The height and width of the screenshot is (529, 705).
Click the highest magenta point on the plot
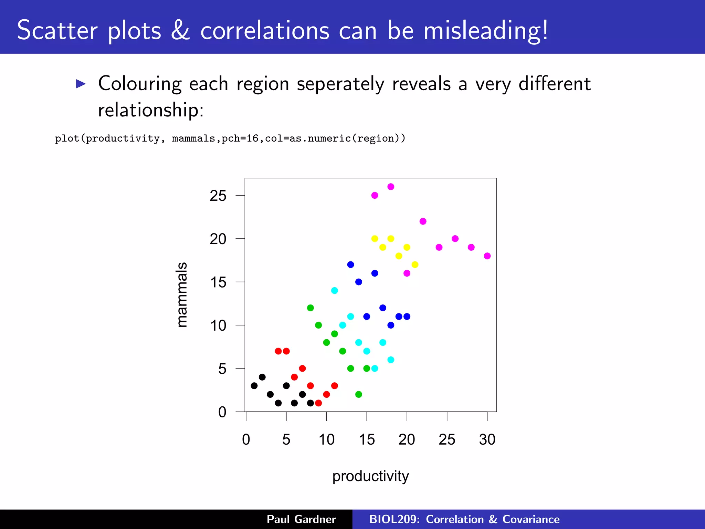click(391, 187)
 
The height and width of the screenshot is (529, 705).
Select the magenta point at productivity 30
click(487, 256)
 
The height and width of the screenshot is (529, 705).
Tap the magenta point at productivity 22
click(423, 221)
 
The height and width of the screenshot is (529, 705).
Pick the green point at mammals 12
click(311, 308)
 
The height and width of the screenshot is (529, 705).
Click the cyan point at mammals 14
click(335, 291)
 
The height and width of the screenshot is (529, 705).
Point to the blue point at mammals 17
click(350, 264)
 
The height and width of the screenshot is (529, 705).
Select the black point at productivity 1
click(254, 386)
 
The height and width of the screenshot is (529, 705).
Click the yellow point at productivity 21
click(415, 264)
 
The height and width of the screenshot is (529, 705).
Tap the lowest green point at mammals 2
click(359, 394)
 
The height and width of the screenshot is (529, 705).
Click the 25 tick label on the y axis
click(218, 196)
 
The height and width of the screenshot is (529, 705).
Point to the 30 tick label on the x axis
click(487, 440)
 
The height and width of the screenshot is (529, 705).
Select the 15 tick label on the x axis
click(367, 440)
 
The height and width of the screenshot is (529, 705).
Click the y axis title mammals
click(181, 295)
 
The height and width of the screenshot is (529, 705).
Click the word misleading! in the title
click(485, 31)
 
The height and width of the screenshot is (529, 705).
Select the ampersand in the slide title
click(180, 30)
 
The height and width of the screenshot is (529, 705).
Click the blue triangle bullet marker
click(81, 84)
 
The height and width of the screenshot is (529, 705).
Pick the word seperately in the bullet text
click(340, 84)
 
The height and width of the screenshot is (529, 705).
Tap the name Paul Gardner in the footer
click(301, 519)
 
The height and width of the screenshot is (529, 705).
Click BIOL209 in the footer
click(393, 519)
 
